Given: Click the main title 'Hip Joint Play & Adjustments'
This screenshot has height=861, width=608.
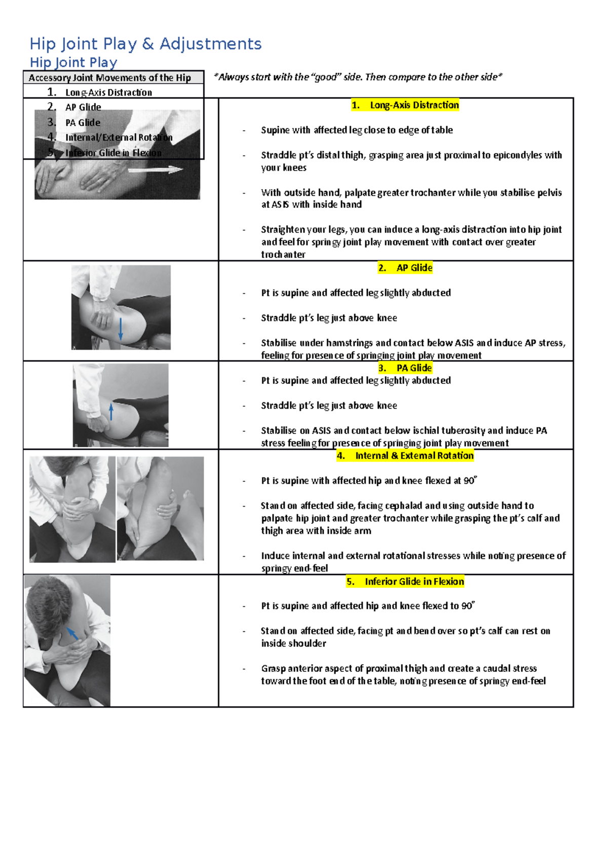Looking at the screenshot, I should tap(145, 44).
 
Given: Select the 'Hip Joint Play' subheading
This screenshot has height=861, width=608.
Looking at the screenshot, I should tap(73, 62).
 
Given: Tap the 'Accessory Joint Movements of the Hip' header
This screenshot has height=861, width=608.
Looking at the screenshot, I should tap(109, 78).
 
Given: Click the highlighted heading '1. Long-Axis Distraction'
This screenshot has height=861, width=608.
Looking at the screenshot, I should tap(405, 105).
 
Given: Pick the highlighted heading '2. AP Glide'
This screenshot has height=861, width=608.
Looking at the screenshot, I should tap(405, 268).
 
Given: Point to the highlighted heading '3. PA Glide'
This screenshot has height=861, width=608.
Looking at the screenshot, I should tap(405, 368).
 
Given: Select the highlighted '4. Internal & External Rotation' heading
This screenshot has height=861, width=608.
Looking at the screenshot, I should tap(405, 455).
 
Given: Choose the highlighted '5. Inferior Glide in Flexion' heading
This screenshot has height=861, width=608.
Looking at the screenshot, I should tap(405, 581).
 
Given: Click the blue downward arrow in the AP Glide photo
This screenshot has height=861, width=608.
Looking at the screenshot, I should tap(121, 329).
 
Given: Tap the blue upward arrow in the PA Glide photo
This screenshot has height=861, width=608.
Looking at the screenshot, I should tap(111, 411).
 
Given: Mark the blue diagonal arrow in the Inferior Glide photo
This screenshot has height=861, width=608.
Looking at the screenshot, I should tap(73, 633).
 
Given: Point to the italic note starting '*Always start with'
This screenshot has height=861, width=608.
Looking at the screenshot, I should tap(358, 77).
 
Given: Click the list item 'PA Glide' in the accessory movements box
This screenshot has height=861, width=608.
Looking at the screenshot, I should tap(83, 123).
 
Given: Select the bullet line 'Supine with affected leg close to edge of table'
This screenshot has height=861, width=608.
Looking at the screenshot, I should tap(357, 130).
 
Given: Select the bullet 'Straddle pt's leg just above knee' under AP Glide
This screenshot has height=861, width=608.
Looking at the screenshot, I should tap(329, 318).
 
